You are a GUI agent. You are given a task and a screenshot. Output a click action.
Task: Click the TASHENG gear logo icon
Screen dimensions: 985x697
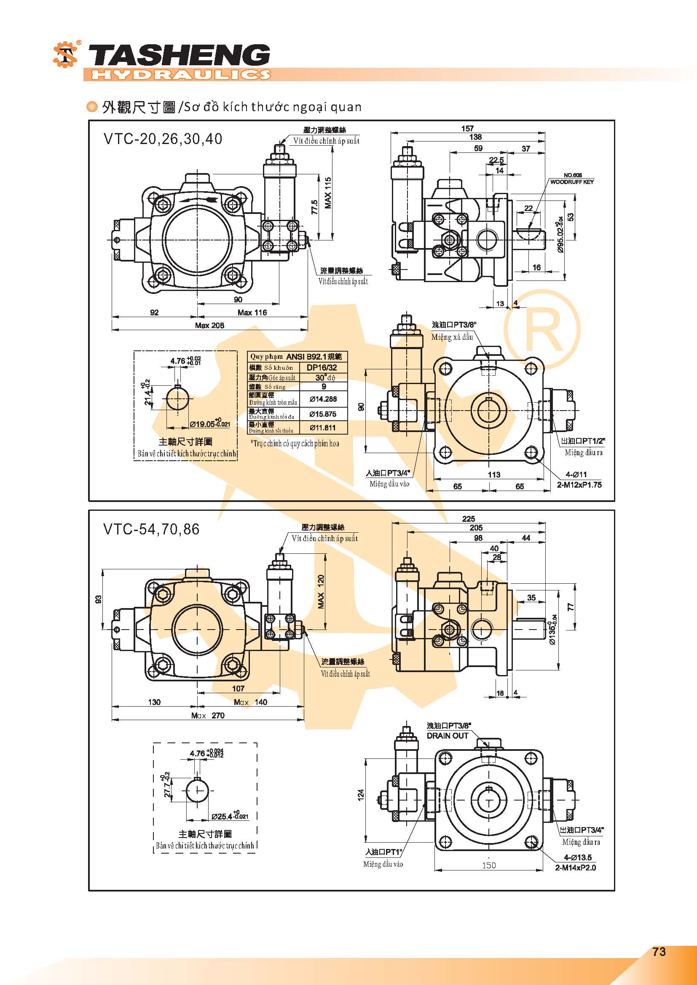click(65, 54)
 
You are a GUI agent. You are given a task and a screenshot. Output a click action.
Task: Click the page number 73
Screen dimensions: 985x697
click(659, 952)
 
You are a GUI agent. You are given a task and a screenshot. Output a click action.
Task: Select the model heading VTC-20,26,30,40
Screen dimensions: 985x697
click(163, 139)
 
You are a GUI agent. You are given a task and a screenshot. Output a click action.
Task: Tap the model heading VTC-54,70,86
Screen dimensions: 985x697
click(151, 529)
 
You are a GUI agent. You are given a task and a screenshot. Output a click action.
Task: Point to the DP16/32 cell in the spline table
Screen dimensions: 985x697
click(322, 367)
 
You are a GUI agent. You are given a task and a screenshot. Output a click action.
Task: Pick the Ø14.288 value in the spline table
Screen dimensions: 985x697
click(323, 399)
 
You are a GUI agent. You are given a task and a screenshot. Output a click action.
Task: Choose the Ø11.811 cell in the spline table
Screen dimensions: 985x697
click(323, 427)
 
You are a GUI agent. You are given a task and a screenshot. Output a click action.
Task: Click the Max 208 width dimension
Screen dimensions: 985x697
click(209, 325)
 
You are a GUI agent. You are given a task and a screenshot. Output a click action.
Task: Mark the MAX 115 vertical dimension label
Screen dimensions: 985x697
click(328, 193)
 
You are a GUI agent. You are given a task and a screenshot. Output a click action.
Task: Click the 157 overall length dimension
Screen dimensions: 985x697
click(467, 128)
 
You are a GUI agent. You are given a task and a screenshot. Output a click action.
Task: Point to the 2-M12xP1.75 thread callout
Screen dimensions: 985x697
click(579, 485)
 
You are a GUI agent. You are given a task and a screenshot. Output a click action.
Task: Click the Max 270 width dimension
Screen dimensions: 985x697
click(208, 715)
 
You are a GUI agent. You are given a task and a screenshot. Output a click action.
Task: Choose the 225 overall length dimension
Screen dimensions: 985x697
click(468, 519)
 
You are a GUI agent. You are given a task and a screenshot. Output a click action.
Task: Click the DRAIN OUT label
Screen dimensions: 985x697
click(447, 736)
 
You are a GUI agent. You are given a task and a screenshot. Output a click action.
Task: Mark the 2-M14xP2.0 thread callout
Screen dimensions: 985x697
click(575, 868)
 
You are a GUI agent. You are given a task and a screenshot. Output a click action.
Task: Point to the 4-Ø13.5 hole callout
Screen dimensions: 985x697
click(578, 857)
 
